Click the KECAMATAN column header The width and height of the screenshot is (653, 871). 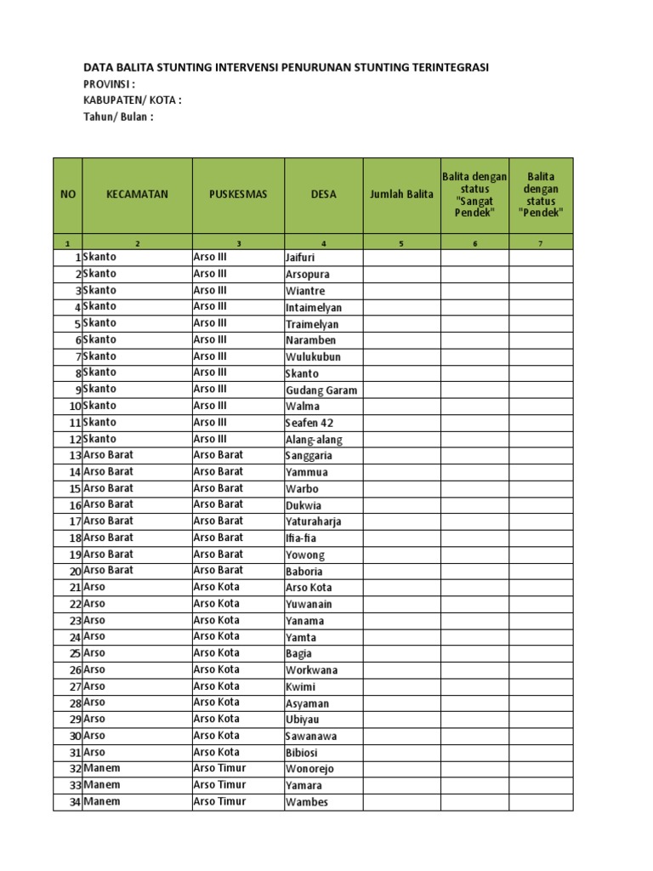(x=137, y=194)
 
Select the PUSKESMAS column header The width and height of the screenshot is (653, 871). (x=238, y=194)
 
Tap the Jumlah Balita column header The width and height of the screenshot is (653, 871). (x=401, y=194)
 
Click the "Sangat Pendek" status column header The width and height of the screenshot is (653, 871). (x=474, y=194)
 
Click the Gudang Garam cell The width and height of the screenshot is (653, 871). (x=321, y=390)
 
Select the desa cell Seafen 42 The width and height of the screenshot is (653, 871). (x=309, y=424)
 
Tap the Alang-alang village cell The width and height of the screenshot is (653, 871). (x=314, y=440)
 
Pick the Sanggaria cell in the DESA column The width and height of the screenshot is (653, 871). (x=309, y=456)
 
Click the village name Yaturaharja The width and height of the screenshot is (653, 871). (x=313, y=522)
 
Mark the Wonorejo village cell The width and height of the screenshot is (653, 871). (x=309, y=769)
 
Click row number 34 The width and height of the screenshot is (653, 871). (x=74, y=802)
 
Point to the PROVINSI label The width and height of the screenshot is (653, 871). (x=109, y=84)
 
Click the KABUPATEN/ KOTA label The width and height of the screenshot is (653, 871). (x=132, y=100)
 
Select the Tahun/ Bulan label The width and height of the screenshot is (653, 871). (x=118, y=117)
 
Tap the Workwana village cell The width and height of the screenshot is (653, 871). (x=311, y=670)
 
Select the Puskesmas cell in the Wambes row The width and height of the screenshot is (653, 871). (x=219, y=801)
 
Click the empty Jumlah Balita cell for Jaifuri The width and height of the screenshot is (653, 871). (x=401, y=258)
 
